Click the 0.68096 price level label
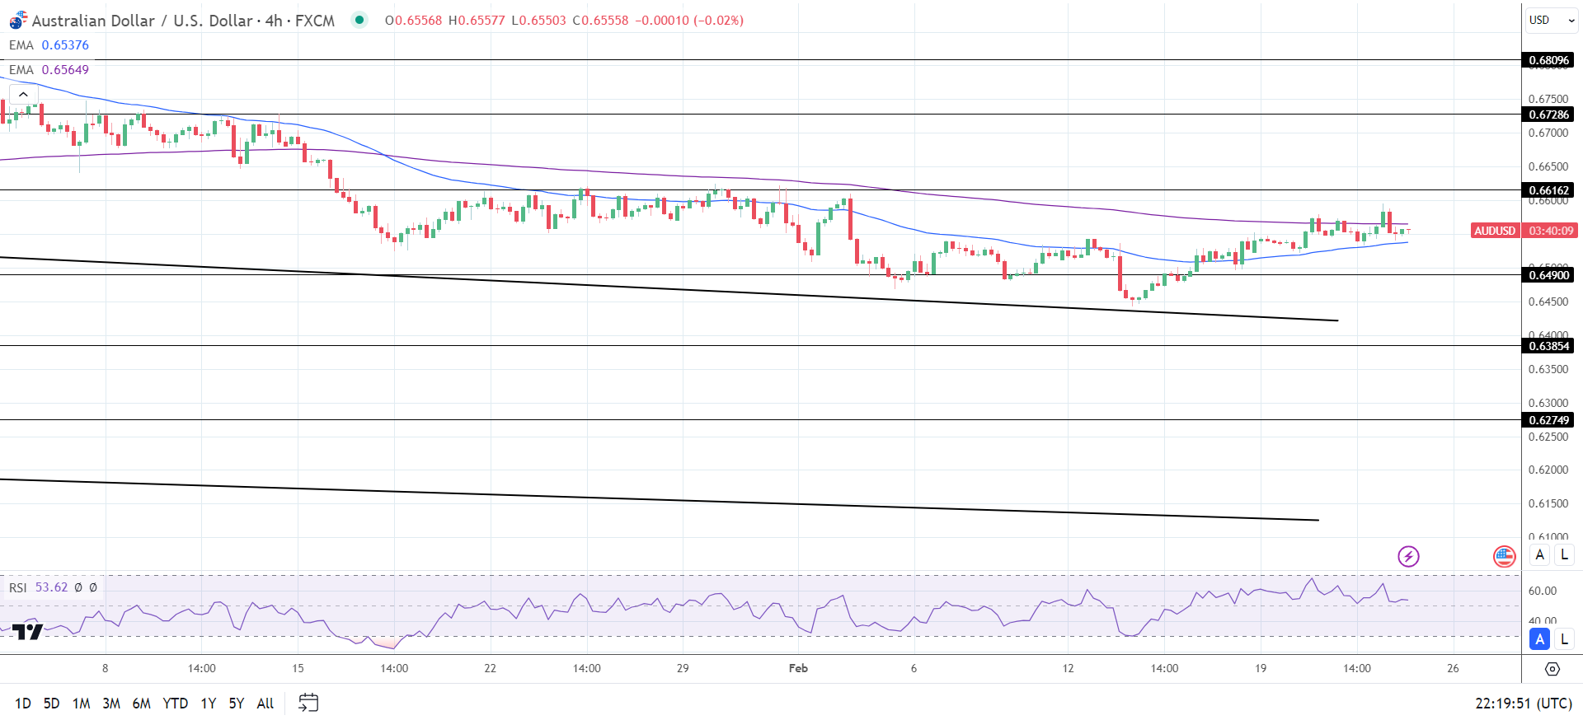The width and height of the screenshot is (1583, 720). pos(1548,60)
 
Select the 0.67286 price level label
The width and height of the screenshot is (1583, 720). pos(1548,115)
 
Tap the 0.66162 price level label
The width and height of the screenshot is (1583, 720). pos(1548,190)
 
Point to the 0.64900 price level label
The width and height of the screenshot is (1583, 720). pos(1548,275)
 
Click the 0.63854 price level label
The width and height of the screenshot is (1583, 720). pos(1548,346)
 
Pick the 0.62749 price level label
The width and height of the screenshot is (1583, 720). pos(1548,420)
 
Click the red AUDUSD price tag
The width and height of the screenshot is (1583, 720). pos(1495,231)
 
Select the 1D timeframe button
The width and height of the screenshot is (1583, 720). pos(23,704)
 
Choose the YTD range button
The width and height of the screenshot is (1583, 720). pos(175,704)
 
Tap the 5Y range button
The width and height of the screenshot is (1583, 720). pos(237,704)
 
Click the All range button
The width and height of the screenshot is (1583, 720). pos(265,704)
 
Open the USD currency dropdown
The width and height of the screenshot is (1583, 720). pos(1551,20)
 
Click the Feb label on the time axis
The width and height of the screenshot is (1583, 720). pos(798,668)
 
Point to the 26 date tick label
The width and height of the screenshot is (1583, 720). pos(1453,668)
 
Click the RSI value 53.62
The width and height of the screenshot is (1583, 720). pos(51,587)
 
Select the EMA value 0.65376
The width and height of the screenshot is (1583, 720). pos(65,45)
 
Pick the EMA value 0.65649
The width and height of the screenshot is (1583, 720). pos(65,70)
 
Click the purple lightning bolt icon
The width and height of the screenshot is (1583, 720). pos(1408,557)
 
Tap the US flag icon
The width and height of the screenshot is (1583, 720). pos(1504,557)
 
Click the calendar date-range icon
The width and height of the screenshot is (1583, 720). pos(308,703)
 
